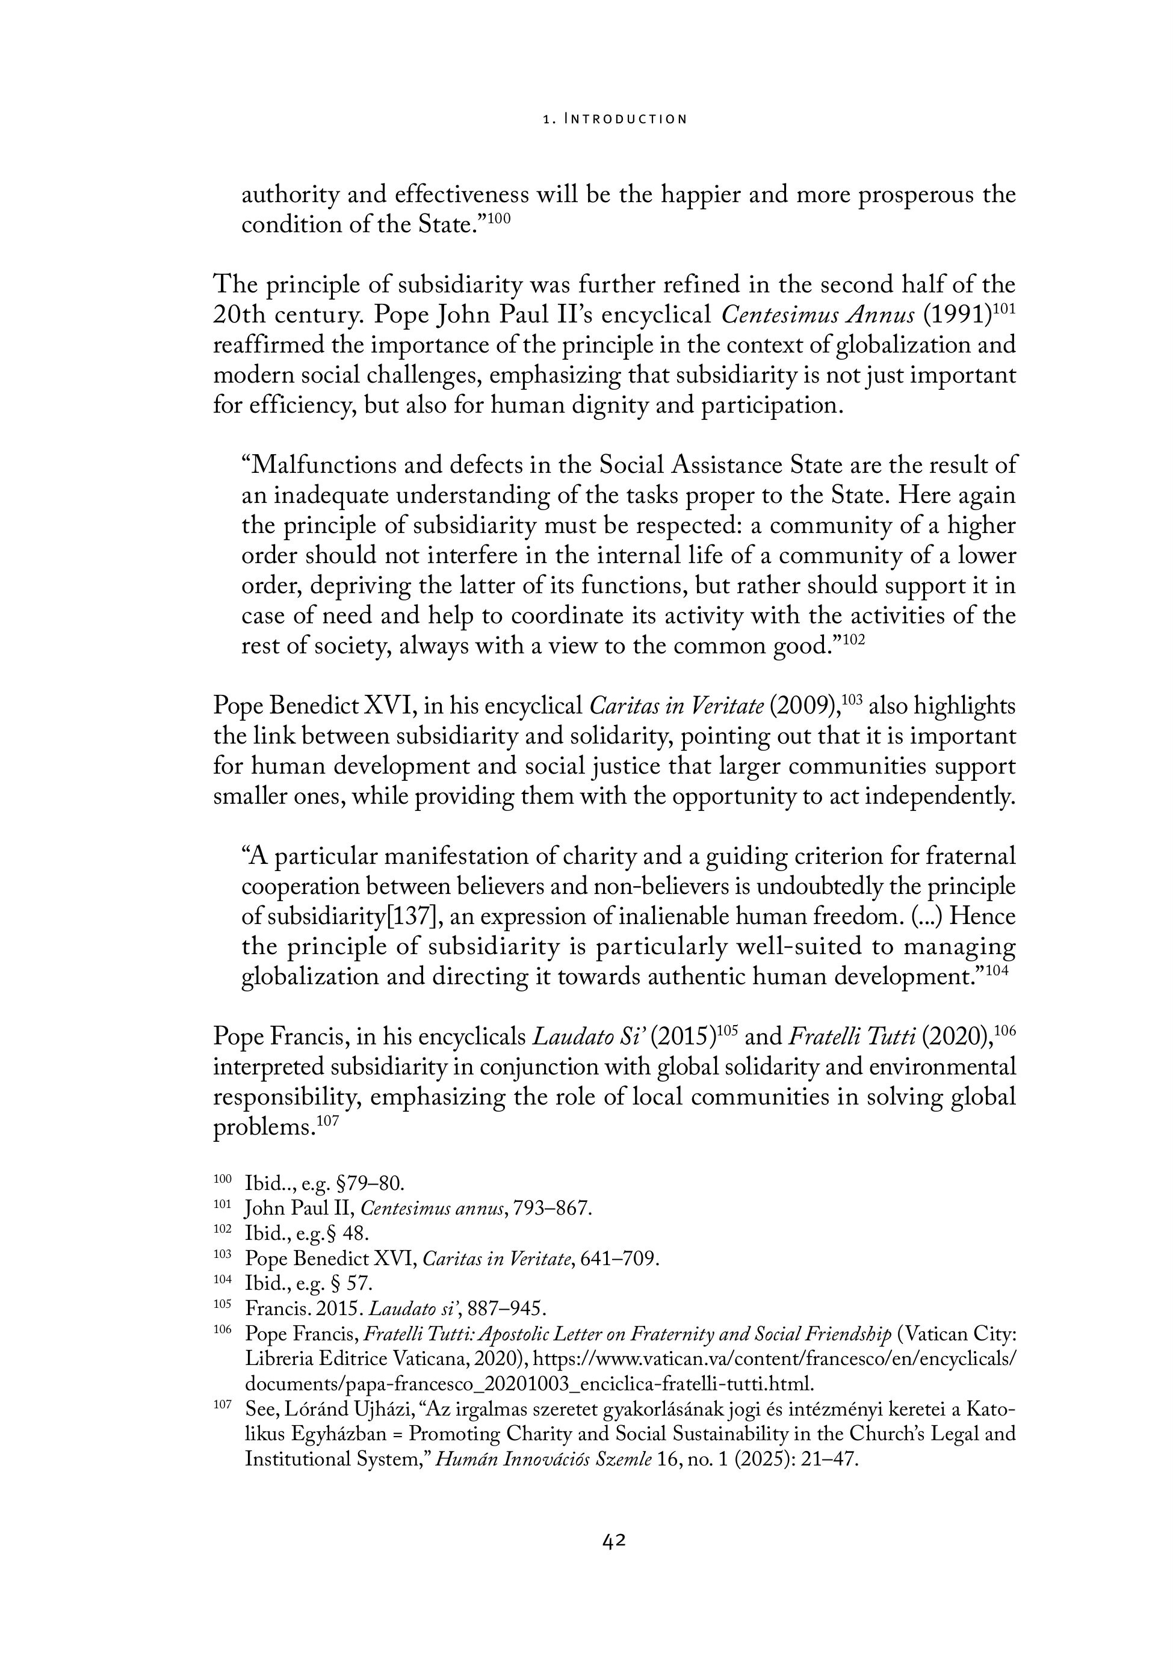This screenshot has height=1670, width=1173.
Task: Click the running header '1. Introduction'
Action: (x=615, y=119)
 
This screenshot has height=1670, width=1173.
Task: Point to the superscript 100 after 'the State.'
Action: (x=498, y=218)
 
